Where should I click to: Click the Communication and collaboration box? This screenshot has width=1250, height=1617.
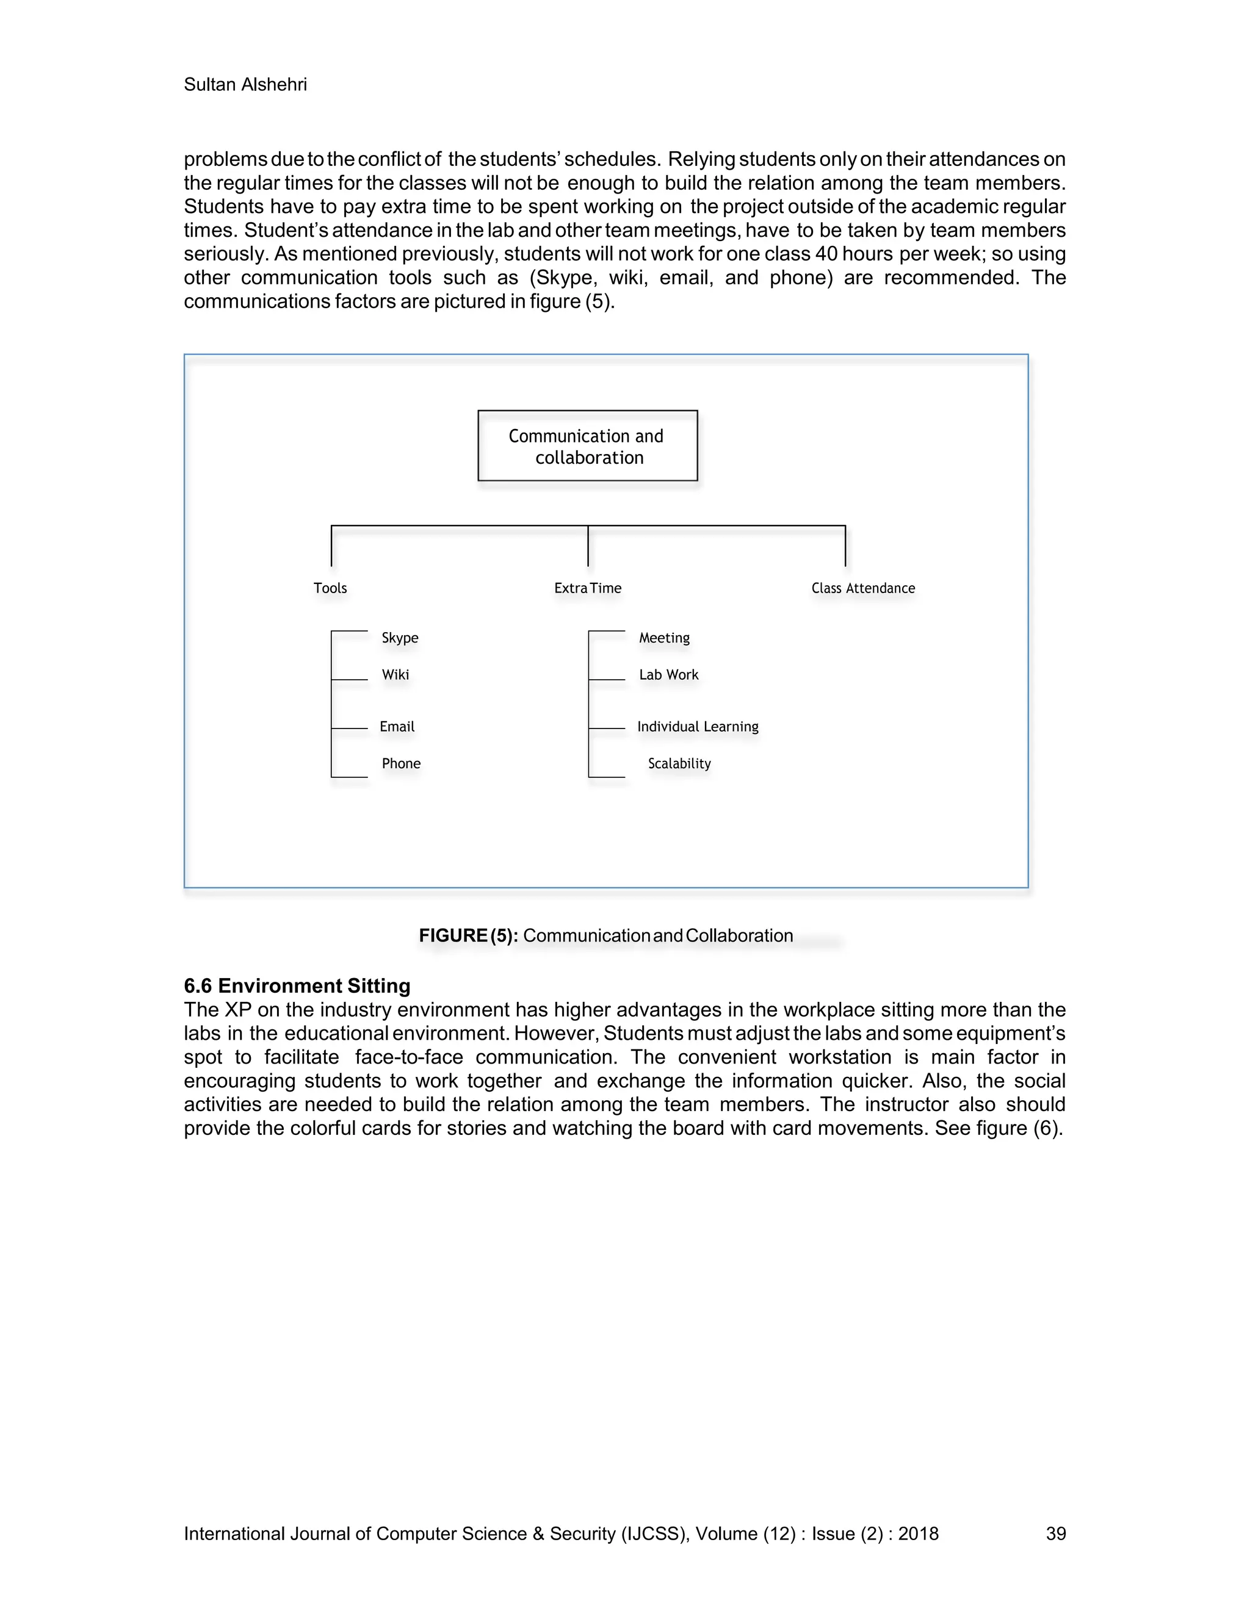pyautogui.click(x=587, y=445)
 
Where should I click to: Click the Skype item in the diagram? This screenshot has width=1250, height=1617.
pyautogui.click(x=400, y=638)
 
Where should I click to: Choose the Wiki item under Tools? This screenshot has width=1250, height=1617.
pyautogui.click(x=396, y=674)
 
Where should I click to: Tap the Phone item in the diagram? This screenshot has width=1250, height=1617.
pyautogui.click(x=400, y=763)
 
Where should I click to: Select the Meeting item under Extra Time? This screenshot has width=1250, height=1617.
pyautogui.click(x=664, y=638)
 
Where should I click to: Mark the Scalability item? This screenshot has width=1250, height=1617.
pyautogui.click(x=679, y=763)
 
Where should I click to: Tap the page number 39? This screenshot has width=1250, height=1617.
pyautogui.click(x=1055, y=1533)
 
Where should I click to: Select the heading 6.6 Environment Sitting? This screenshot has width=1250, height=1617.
pyautogui.click(x=297, y=985)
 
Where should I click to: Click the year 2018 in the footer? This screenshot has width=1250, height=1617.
pyautogui.click(x=918, y=1533)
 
